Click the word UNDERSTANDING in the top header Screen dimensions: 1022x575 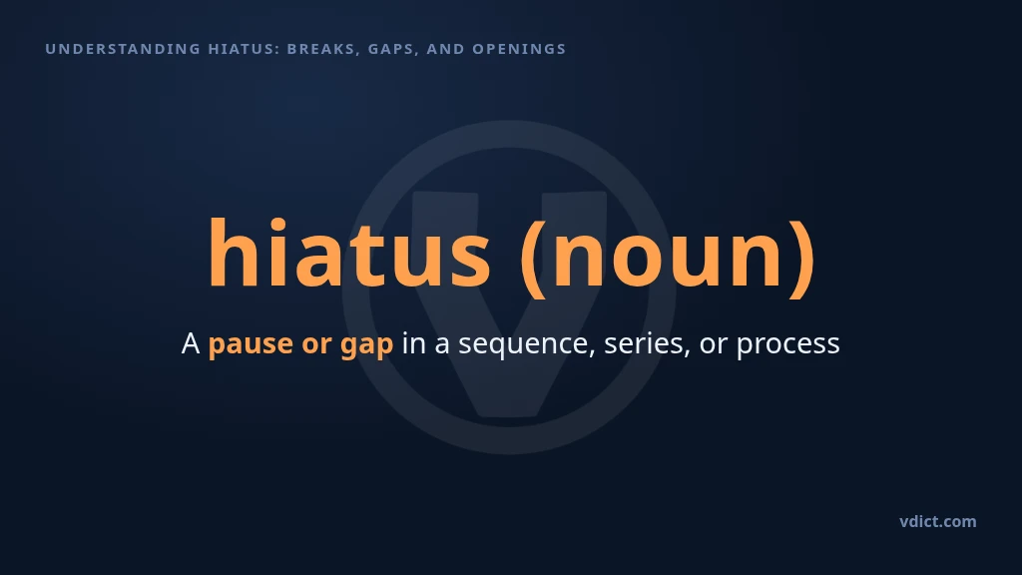coord(123,49)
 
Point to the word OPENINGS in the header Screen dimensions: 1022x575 coord(519,49)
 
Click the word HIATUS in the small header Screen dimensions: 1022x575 coord(244,49)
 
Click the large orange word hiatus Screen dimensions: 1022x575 coord(349,254)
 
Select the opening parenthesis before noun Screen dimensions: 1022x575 coord(533,259)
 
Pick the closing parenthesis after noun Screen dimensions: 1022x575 coord(801,259)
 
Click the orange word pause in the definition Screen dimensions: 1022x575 coord(251,344)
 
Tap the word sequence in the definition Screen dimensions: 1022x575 coord(527,344)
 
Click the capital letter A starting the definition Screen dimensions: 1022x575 coord(191,343)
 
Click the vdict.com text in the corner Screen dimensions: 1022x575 coord(938,521)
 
